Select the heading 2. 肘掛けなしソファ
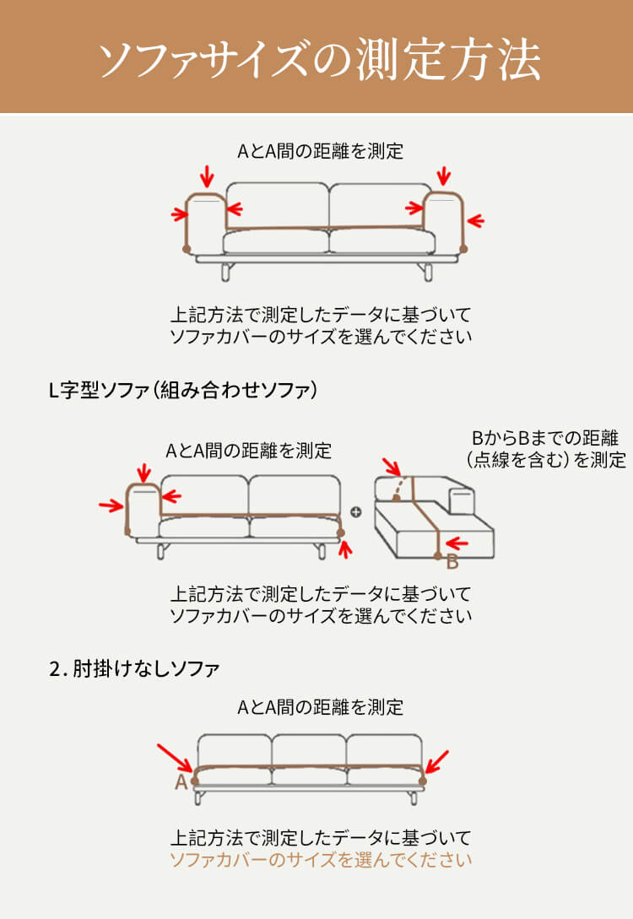(134, 669)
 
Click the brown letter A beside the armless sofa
(181, 783)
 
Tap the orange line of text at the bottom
(320, 861)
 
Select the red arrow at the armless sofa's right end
(437, 760)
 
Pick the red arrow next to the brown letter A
(176, 756)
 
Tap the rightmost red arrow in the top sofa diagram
(476, 221)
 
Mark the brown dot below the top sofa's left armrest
(187, 249)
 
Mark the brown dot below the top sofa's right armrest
(463, 248)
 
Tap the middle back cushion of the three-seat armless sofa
(309, 750)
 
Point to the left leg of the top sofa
(226, 272)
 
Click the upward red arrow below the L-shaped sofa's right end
(344, 549)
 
